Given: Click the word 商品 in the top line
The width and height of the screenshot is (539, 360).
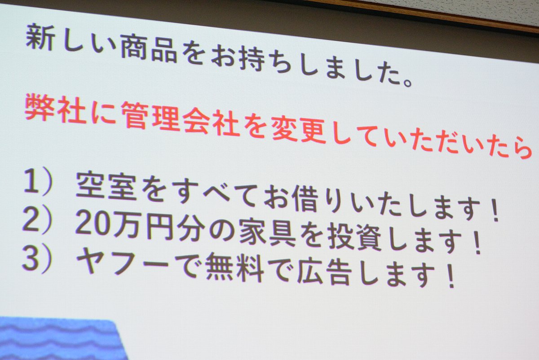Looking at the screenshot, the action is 149,49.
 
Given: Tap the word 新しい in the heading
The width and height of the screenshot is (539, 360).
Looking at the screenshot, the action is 70,40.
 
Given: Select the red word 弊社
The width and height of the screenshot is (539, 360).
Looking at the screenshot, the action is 55,108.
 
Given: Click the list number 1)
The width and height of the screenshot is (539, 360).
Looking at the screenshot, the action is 38,182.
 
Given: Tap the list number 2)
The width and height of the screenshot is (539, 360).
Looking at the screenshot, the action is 37,220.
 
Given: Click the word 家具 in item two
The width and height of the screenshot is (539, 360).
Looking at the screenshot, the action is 267,233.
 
